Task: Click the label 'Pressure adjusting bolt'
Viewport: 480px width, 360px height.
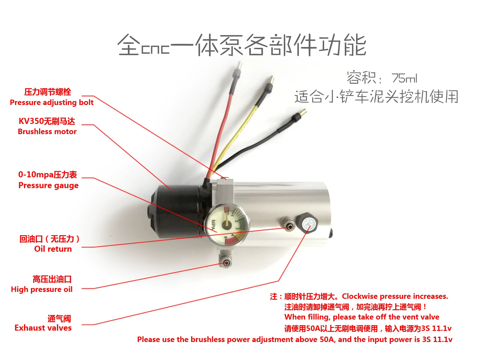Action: [x=52, y=103]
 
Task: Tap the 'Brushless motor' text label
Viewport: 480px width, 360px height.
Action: [x=47, y=132]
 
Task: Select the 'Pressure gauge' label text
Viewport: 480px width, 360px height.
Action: [x=48, y=185]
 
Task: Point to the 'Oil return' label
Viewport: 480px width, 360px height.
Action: [x=53, y=249]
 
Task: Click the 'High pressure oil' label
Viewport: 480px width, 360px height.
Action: [x=41, y=289]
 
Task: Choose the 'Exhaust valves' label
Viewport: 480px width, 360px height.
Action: [x=43, y=328]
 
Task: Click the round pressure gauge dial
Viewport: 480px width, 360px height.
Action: [x=227, y=226]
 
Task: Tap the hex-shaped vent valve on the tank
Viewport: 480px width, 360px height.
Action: [x=307, y=223]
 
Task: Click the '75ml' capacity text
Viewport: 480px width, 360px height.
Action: [x=404, y=78]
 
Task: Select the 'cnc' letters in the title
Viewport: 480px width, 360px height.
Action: [x=155, y=49]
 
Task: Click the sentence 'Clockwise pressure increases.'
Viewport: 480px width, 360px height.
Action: [x=395, y=296]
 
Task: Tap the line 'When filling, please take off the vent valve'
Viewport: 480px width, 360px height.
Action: [x=362, y=317]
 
